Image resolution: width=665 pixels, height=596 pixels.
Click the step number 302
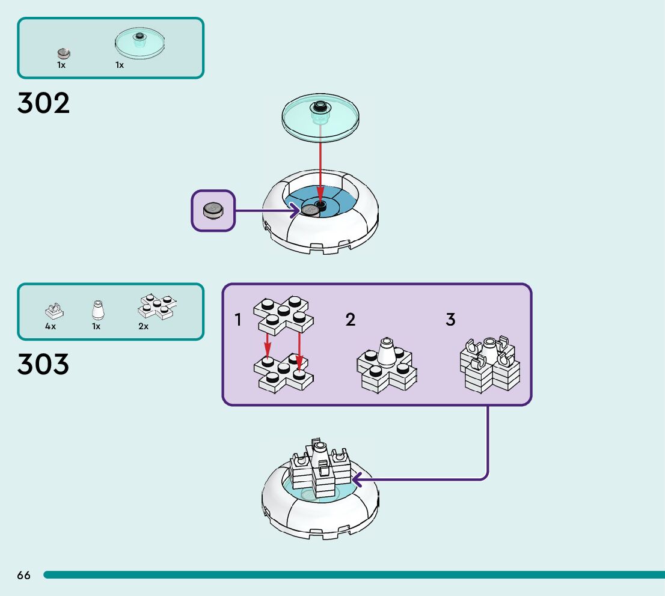coord(43,103)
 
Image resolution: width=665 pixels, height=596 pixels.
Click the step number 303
coord(43,364)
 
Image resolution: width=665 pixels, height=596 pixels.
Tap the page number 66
coord(23,575)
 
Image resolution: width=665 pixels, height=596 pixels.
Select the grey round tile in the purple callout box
coord(213,210)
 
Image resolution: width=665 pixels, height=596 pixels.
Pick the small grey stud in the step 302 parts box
coord(64,53)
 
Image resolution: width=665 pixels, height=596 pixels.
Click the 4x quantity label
coord(51,326)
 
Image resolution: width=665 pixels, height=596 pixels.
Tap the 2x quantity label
coord(143,326)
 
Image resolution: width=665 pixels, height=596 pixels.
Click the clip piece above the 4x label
coord(54,310)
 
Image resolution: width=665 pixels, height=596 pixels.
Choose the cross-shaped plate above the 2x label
coord(158,306)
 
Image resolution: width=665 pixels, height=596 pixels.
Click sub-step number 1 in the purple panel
coord(238,320)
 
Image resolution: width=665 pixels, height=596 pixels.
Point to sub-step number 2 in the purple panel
coord(351,320)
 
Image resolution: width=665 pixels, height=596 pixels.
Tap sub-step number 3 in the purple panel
coord(450,320)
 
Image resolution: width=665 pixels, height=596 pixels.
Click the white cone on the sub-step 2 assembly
coord(387,353)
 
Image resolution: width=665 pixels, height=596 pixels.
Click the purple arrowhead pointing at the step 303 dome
coord(357,479)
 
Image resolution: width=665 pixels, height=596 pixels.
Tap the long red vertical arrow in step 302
coord(320,162)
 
